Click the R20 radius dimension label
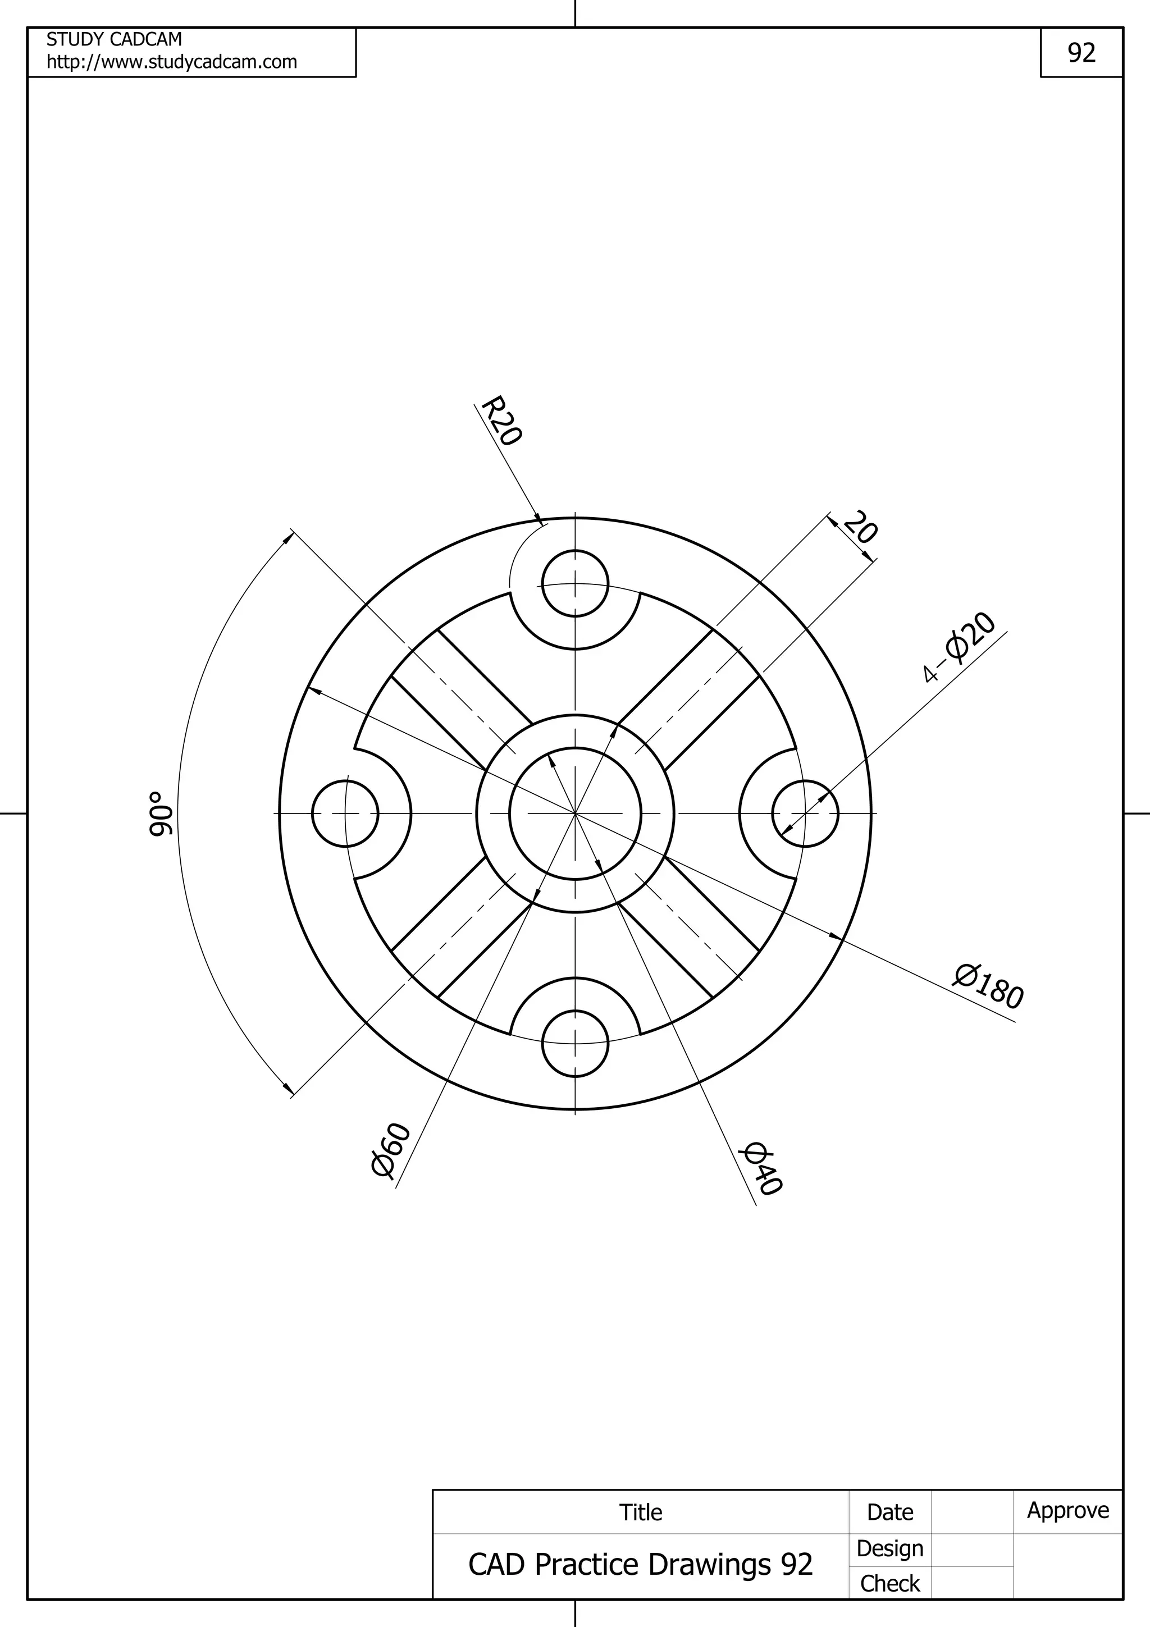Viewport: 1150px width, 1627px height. (x=501, y=421)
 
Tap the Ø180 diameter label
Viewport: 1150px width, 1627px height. (x=988, y=986)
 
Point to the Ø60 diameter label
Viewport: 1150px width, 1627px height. (x=390, y=1149)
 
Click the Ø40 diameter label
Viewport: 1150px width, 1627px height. (x=761, y=1168)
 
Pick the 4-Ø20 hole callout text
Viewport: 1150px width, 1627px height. (x=961, y=646)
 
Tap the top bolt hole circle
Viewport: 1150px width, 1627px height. (x=576, y=584)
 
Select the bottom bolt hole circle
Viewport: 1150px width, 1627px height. (x=576, y=1043)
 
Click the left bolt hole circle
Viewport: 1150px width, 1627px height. (x=345, y=813)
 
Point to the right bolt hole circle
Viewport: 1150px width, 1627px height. (x=805, y=813)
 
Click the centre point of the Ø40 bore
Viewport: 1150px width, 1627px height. (x=576, y=813)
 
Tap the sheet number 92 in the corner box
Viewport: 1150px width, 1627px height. (x=1081, y=52)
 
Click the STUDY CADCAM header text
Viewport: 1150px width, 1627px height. (x=114, y=39)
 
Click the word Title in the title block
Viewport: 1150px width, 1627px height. (x=641, y=1512)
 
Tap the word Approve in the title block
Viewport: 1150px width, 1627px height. (x=1068, y=1511)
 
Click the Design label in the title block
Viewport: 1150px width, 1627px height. (x=889, y=1549)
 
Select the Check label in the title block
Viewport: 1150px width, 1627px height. (x=889, y=1584)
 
